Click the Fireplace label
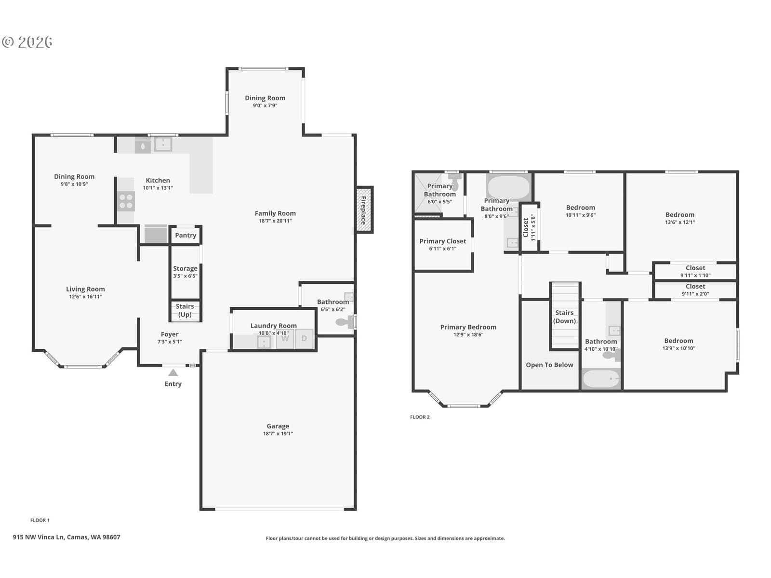pyautogui.click(x=363, y=210)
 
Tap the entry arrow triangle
pyautogui.click(x=173, y=372)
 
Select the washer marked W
pyautogui.click(x=285, y=339)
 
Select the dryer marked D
pyautogui.click(x=304, y=339)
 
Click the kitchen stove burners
pyautogui.click(x=126, y=201)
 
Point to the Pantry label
pyautogui.click(x=186, y=235)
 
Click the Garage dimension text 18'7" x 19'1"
pyautogui.click(x=278, y=433)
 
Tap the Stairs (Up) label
pyautogui.click(x=185, y=310)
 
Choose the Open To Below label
pyautogui.click(x=549, y=365)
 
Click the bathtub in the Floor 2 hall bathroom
pyautogui.click(x=601, y=379)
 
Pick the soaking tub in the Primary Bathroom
pyautogui.click(x=508, y=187)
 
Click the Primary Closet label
pyautogui.click(x=442, y=241)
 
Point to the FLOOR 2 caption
pyautogui.click(x=420, y=417)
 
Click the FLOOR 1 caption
pyautogui.click(x=40, y=520)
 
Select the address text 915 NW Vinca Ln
pyautogui.click(x=38, y=537)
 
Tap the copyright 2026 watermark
pyautogui.click(x=27, y=42)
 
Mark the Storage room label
pyautogui.click(x=185, y=268)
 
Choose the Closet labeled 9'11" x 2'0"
pyautogui.click(x=695, y=290)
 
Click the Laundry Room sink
pyautogui.click(x=264, y=342)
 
